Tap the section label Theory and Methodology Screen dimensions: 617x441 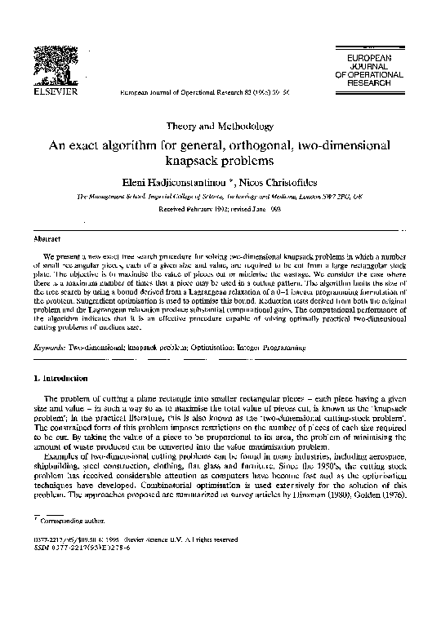pyautogui.click(x=220, y=127)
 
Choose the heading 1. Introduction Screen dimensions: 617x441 pyautogui.click(x=65, y=378)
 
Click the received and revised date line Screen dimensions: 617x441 pyautogui.click(x=220, y=210)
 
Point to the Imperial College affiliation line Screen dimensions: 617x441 pyautogui.click(x=220, y=197)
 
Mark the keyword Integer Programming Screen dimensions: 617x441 pyautogui.click(x=271, y=347)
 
